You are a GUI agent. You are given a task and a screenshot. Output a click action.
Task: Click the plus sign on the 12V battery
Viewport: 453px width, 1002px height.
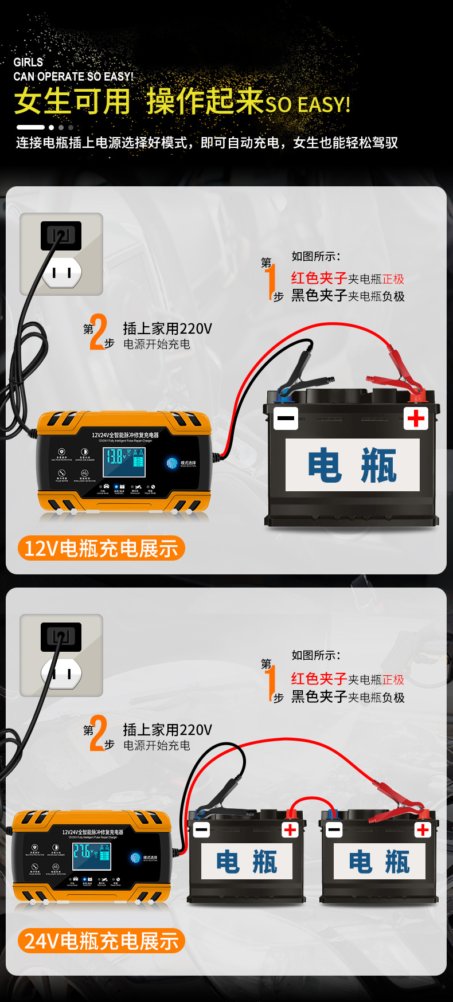pos(416,418)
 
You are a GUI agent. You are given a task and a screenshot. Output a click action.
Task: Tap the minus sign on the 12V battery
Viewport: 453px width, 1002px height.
pos(286,418)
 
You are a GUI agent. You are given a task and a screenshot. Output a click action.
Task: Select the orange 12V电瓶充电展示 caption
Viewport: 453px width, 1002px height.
pos(101,549)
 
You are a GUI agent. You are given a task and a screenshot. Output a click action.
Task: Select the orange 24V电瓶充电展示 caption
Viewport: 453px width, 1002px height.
pos(101,941)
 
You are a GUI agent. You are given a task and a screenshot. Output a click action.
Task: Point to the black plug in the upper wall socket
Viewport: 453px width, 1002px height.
pos(61,236)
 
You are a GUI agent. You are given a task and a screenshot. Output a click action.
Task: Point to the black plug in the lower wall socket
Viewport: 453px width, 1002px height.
pos(61,637)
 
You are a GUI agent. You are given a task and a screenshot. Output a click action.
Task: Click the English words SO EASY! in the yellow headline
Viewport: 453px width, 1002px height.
pos(307,105)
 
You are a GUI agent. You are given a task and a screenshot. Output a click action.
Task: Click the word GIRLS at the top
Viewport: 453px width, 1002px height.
pos(28,62)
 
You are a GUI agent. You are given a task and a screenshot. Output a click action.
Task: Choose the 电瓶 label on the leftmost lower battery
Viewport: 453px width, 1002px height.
pos(247,862)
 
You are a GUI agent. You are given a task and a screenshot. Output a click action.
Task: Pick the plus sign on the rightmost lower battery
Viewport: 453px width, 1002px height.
pos(423,829)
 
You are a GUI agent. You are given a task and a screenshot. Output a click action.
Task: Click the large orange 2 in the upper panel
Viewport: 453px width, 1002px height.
pos(98,332)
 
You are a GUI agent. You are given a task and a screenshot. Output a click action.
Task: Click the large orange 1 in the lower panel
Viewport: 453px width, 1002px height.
pos(271,682)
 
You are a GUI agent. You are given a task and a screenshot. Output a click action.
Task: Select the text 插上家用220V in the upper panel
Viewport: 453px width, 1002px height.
pos(167,328)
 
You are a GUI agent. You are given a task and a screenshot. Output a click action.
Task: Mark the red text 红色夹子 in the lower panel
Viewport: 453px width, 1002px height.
pos(318,679)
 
